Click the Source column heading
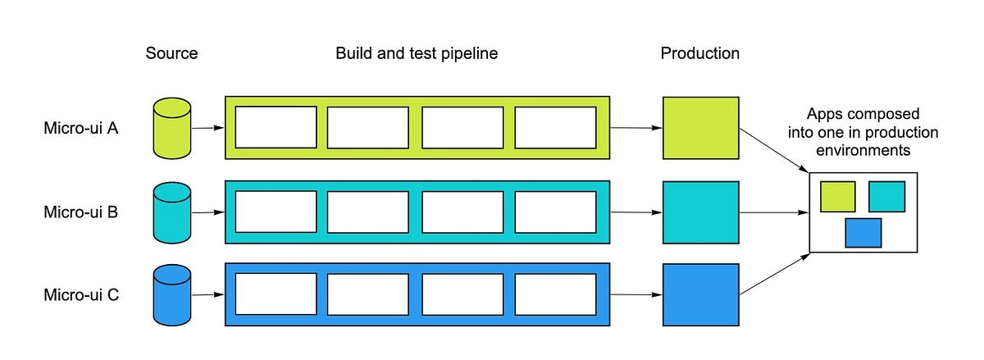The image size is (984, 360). click(171, 54)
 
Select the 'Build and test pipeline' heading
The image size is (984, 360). click(417, 54)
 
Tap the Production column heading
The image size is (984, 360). click(699, 54)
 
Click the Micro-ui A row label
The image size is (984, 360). click(81, 128)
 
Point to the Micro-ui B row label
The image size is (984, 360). click(81, 212)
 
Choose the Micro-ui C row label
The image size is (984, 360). click(81, 294)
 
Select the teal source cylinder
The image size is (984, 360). click(172, 212)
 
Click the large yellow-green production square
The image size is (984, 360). click(701, 128)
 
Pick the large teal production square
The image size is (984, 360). click(701, 212)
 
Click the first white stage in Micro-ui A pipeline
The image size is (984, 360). click(276, 127)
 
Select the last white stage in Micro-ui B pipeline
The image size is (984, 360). click(555, 212)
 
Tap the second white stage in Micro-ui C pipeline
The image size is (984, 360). click(368, 294)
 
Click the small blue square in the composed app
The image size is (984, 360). click(863, 232)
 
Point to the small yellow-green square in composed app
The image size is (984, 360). click(837, 197)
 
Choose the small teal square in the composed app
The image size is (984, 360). click(886, 197)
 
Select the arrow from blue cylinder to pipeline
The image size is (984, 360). click(208, 294)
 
